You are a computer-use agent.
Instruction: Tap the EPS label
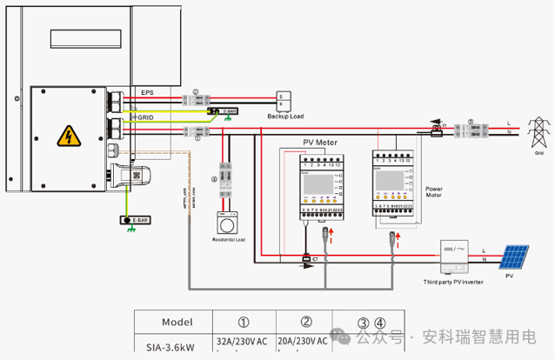point(146,92)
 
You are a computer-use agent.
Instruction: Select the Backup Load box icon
point(283,99)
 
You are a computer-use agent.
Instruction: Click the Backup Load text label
point(284,116)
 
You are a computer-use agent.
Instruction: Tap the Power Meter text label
point(434,191)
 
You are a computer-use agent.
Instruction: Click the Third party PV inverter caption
point(451,282)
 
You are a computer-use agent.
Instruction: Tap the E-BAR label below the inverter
point(133,220)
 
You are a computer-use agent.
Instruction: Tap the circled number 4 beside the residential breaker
point(213,181)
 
